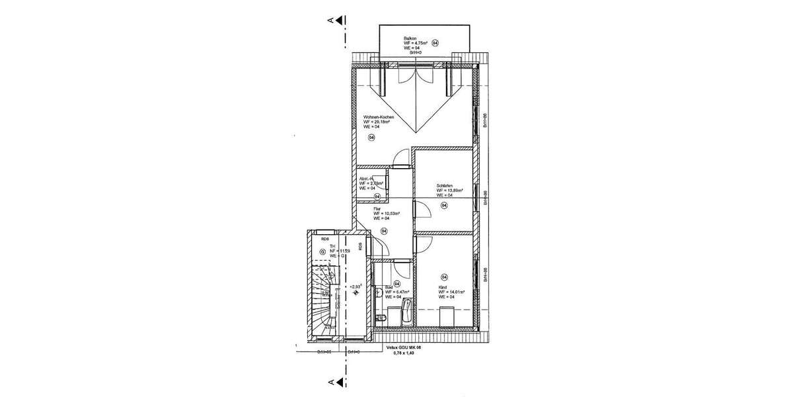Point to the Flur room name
[377, 208]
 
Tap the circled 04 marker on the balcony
[443, 42]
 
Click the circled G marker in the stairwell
[322, 251]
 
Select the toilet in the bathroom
[379, 318]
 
